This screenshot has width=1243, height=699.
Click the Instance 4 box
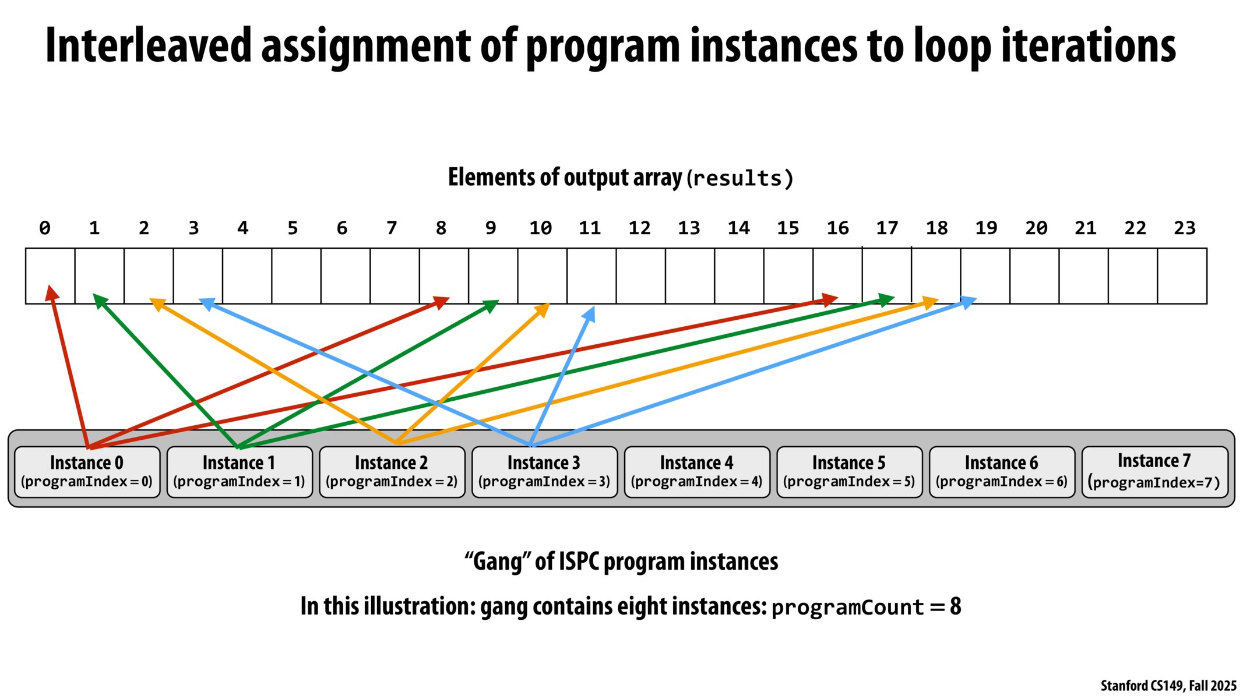point(696,472)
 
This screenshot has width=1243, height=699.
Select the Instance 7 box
point(1154,472)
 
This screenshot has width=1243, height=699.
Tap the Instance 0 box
point(87,472)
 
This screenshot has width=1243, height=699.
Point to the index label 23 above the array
point(1184,228)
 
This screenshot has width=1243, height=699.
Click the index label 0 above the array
point(45,228)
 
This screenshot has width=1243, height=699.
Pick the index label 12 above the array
point(639,228)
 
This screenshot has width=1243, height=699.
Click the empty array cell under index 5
point(296,276)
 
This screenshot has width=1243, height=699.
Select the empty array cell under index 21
point(1083,276)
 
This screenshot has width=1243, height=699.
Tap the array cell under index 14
point(739,276)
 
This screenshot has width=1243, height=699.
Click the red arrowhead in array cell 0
point(51,292)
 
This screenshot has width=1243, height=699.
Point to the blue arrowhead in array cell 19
point(968,302)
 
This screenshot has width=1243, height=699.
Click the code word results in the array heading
point(739,178)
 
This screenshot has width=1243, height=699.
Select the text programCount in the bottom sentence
point(847,608)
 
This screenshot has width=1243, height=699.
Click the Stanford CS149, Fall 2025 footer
point(1168,686)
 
